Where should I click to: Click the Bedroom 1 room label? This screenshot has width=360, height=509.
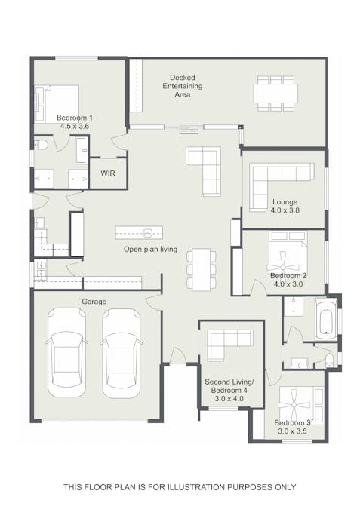tap(75, 118)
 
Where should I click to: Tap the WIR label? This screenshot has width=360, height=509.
tap(108, 173)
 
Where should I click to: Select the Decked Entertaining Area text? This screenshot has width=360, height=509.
tap(182, 86)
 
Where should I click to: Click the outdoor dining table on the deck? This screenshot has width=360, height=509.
tap(275, 93)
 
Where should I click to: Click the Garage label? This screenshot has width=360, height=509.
tap(94, 302)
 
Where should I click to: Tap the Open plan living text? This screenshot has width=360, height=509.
tap(150, 249)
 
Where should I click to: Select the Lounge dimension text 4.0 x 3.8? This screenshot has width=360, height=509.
tap(285, 211)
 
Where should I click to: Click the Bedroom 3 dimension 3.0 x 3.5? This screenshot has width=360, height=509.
tap(291, 432)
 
